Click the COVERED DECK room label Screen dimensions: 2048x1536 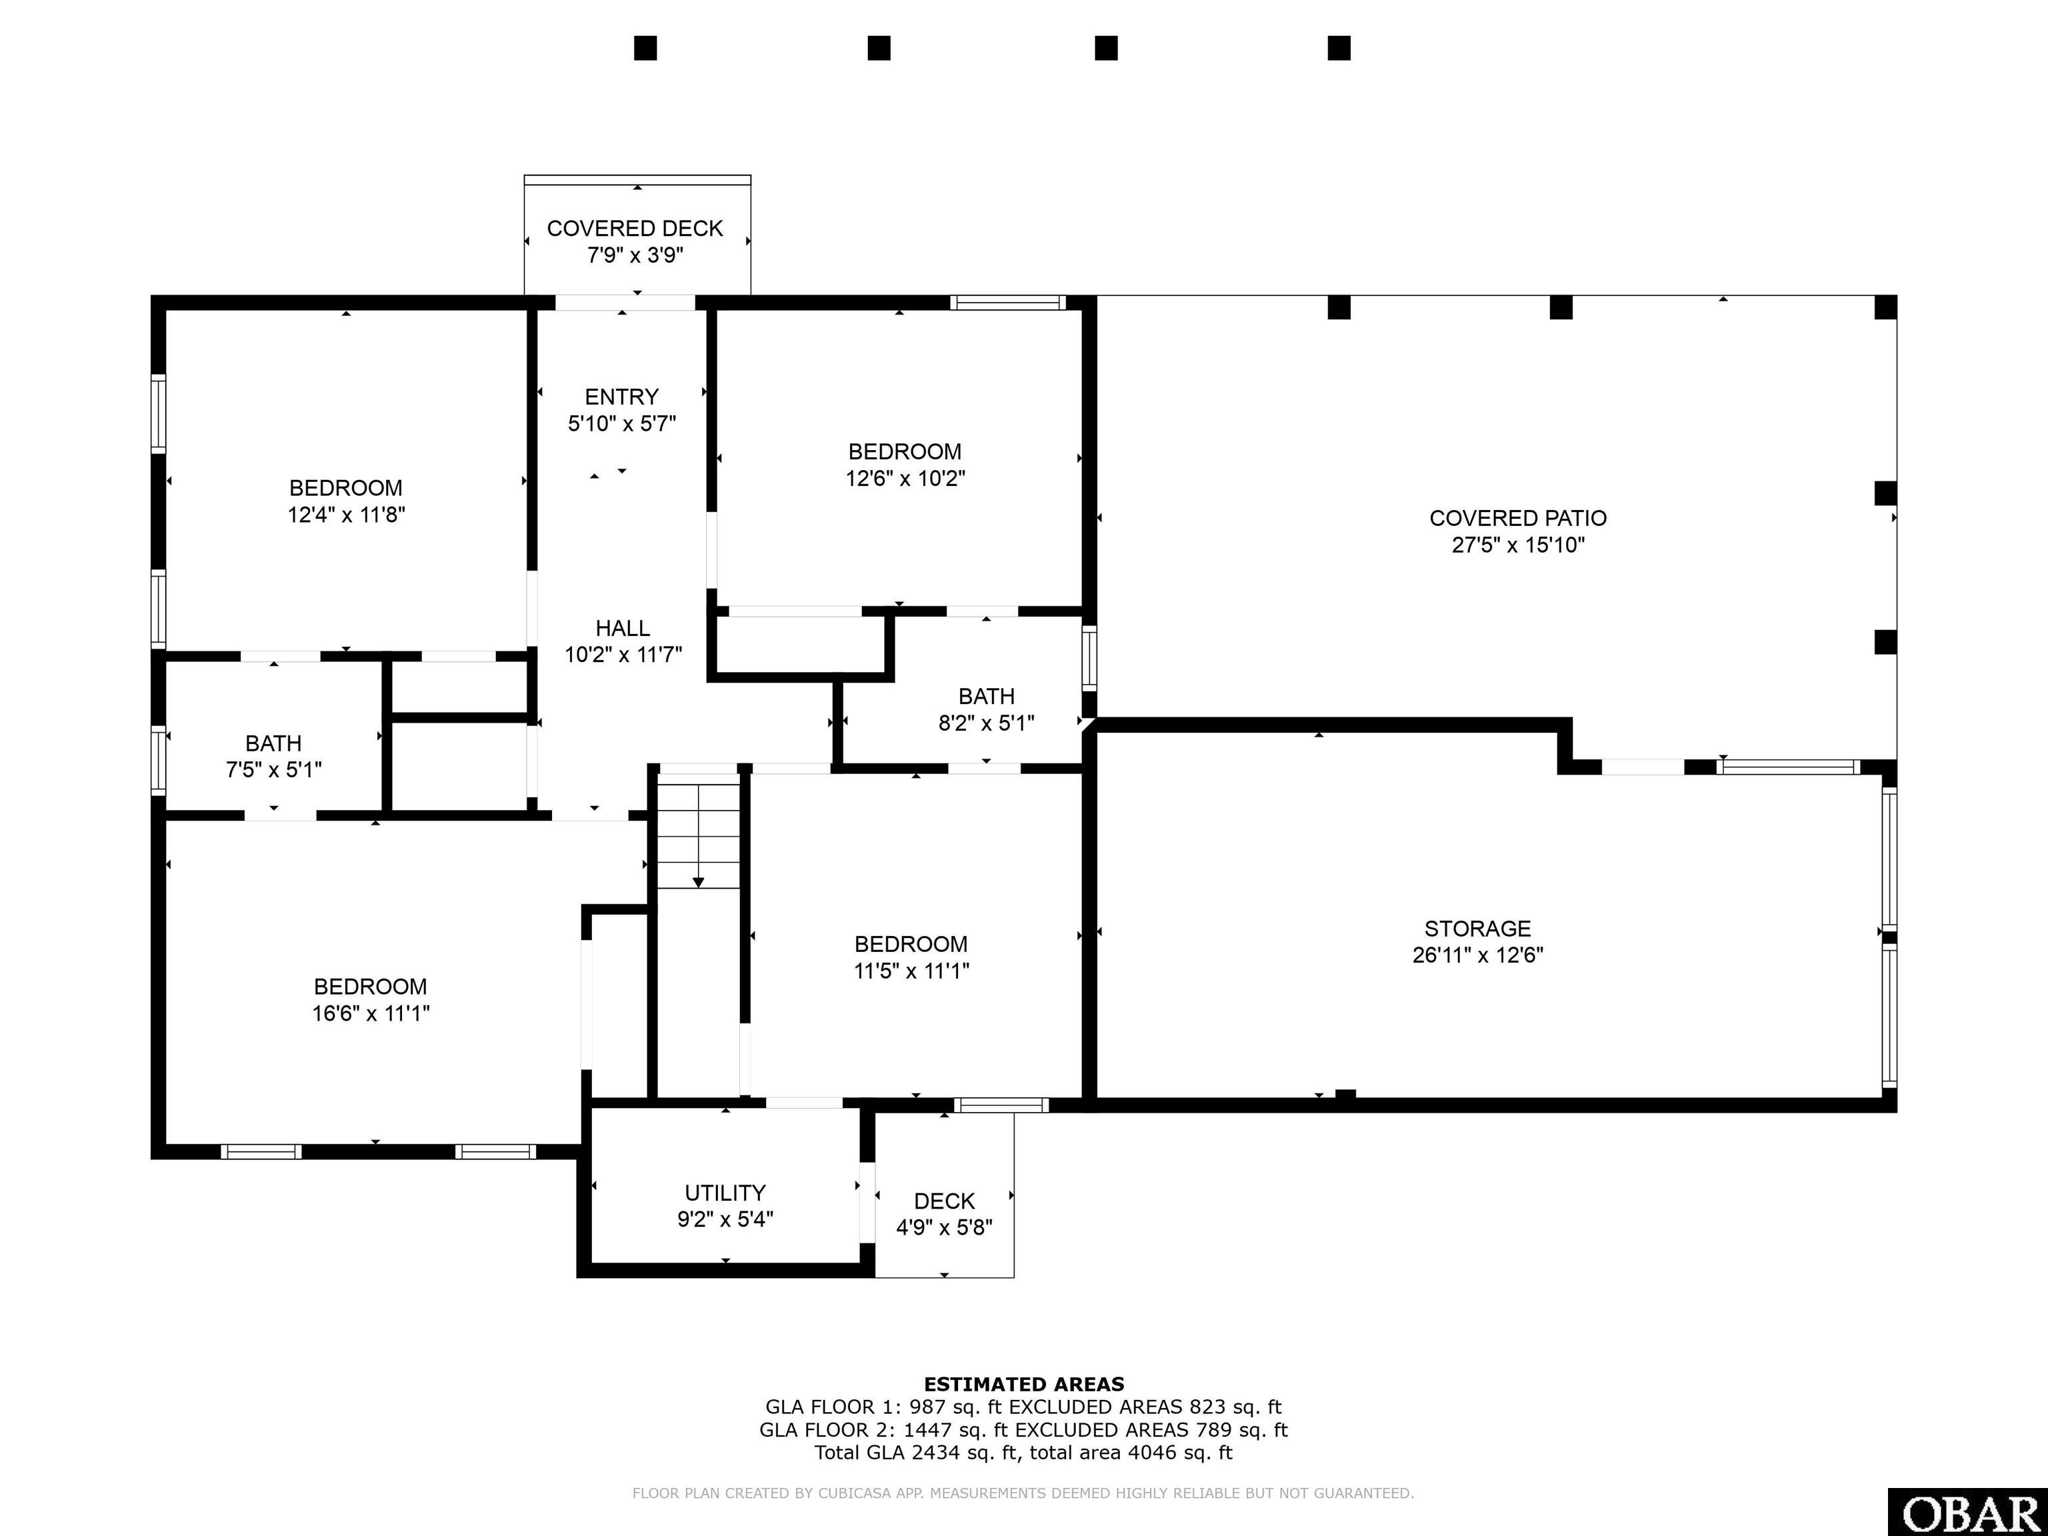coord(635,229)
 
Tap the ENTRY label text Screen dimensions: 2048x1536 coord(621,397)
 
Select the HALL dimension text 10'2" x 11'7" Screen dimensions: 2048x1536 coord(623,655)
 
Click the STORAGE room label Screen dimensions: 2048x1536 coord(1478,929)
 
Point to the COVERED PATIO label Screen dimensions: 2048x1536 coord(1519,519)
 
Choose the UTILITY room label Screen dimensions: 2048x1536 coord(725,1193)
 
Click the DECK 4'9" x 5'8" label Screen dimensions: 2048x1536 coord(945,1214)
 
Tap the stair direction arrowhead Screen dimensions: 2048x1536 coord(698,883)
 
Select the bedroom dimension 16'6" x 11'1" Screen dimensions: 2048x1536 coord(371,1013)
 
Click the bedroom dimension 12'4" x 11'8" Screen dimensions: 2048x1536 coord(346,515)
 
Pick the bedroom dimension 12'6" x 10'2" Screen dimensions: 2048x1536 coord(905,479)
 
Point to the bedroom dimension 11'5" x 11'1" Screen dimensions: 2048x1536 coord(911,970)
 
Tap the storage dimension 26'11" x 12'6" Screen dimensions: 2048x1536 coord(1478,955)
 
